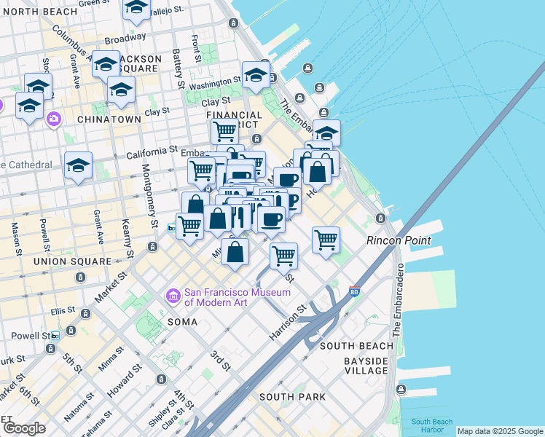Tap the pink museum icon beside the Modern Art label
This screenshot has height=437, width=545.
(173, 296)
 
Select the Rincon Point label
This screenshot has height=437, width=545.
(399, 240)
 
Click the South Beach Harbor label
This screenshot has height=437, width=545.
(431, 425)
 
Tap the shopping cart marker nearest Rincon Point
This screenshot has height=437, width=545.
(326, 238)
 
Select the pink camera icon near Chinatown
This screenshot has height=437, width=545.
(53, 119)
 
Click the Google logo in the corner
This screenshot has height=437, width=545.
(24, 428)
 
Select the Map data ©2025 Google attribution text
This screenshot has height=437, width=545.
(500, 431)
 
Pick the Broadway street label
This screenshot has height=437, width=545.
(125, 39)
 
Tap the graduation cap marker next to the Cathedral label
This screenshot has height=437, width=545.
(78, 165)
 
